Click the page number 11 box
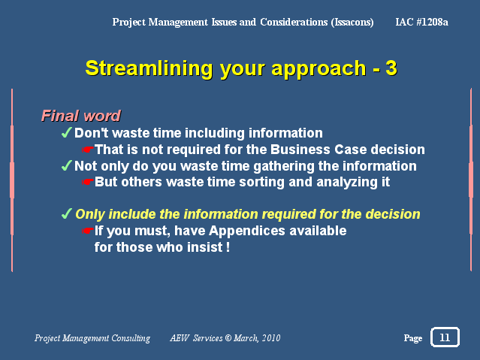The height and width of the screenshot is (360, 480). click(x=445, y=337)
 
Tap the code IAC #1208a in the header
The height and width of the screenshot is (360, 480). click(x=421, y=22)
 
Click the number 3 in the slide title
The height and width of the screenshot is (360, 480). click(x=391, y=68)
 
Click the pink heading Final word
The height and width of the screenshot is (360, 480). click(x=81, y=116)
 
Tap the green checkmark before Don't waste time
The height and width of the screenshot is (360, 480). click(x=67, y=133)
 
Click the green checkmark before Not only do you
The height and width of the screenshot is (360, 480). click(x=67, y=165)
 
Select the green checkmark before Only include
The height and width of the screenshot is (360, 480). click(x=67, y=213)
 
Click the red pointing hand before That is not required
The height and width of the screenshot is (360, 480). click(x=88, y=150)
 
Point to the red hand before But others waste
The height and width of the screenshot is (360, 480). click(x=88, y=182)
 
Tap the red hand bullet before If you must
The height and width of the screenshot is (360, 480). click(x=88, y=231)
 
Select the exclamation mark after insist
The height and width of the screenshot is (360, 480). click(x=228, y=247)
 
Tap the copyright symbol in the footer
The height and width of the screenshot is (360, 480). click(x=228, y=337)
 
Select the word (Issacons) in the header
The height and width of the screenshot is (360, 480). click(x=352, y=23)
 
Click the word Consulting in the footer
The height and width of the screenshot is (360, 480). click(x=131, y=338)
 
